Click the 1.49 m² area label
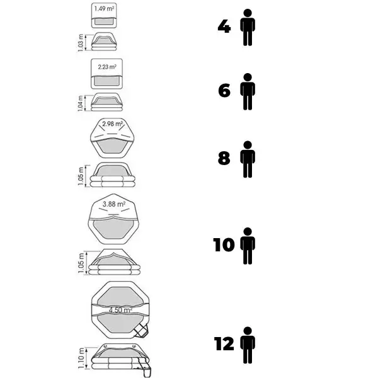[x=104, y=9]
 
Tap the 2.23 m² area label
[x=107, y=67]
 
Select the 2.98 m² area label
[x=113, y=124]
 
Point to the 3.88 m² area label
[x=114, y=204]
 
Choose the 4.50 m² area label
[x=120, y=310]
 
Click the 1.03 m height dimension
[x=81, y=43]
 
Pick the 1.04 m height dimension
[x=81, y=103]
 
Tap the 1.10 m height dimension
[x=81, y=358]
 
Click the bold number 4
[x=224, y=26]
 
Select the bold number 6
[x=224, y=91]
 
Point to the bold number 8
[x=224, y=158]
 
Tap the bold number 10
[x=224, y=245]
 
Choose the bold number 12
[x=224, y=344]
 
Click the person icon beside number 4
[x=248, y=28]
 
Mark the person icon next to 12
[x=248, y=345]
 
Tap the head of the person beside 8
[x=248, y=145]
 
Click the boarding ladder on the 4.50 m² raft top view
[x=141, y=331]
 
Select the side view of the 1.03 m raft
[x=104, y=42]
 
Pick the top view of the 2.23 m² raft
[x=106, y=74]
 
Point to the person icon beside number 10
[x=248, y=246]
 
